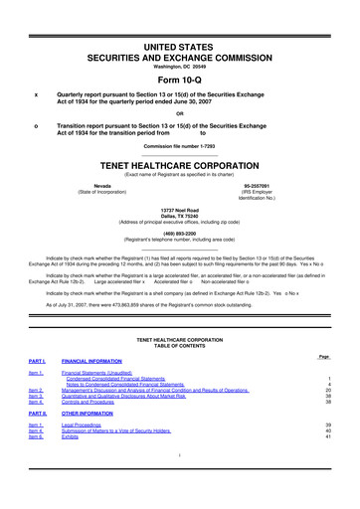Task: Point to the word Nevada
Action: click(x=101, y=186)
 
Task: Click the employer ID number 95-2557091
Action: click(x=258, y=186)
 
